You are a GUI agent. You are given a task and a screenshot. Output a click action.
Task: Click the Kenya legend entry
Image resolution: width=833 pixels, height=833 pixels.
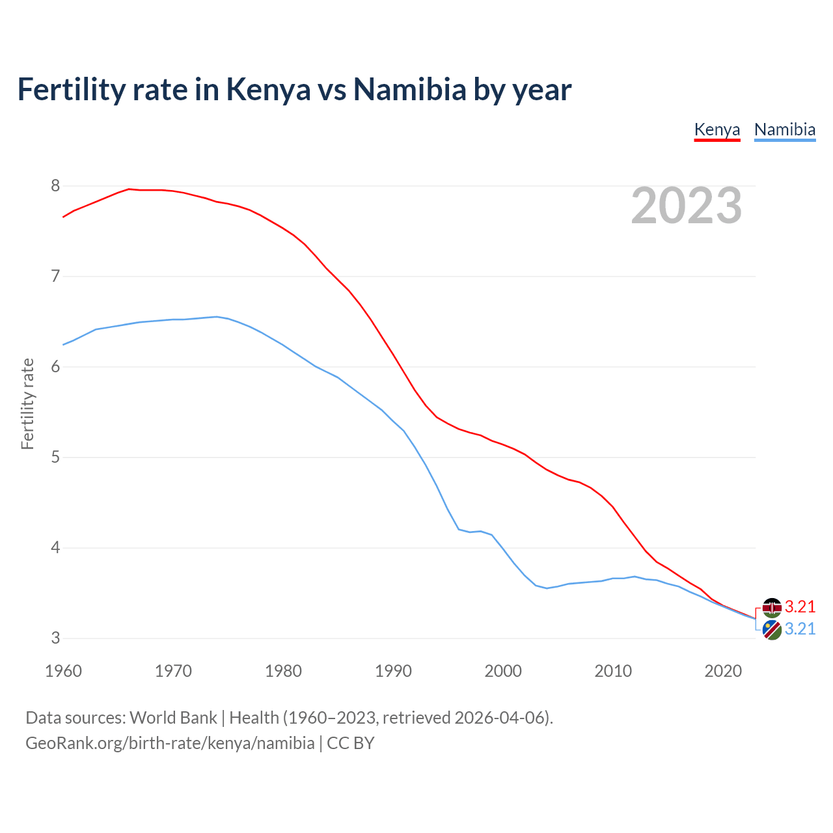[717, 130]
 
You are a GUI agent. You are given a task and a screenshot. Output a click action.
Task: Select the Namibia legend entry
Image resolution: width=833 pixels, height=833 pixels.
[785, 130]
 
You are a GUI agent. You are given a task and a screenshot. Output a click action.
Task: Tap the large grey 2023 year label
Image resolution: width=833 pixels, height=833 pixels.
[687, 206]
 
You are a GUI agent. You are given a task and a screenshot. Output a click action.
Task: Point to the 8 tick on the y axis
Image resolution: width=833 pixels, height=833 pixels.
[55, 186]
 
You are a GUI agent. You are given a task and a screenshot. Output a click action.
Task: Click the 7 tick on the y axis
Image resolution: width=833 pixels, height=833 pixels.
[55, 277]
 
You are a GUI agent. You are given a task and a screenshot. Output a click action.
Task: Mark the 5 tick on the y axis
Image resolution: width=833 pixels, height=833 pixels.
[55, 457]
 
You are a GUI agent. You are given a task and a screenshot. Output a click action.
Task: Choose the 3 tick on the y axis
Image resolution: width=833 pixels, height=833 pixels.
[55, 638]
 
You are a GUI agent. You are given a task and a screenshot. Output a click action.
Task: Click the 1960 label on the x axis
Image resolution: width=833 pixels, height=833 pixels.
[63, 671]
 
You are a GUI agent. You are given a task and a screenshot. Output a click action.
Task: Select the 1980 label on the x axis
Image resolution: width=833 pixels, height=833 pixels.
[283, 671]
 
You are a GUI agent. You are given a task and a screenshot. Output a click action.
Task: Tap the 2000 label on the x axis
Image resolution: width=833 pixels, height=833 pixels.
[503, 671]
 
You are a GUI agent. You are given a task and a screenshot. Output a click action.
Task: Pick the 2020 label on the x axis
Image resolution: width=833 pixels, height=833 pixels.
[723, 671]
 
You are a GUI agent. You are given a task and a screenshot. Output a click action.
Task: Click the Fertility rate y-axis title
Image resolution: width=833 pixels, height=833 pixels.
[27, 403]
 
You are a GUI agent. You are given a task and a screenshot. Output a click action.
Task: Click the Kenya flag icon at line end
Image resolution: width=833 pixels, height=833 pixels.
[772, 607]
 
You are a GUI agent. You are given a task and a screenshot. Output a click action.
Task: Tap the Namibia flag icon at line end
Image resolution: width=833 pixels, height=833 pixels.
[772, 630]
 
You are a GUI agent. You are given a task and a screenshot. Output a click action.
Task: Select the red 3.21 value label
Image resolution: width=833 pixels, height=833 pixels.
[800, 607]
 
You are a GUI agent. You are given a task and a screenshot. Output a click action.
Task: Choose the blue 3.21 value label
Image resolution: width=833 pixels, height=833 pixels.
[800, 629]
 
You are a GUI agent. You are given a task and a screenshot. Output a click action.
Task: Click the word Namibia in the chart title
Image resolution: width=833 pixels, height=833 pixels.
[409, 90]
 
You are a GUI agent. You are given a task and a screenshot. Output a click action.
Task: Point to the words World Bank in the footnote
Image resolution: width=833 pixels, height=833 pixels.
[173, 718]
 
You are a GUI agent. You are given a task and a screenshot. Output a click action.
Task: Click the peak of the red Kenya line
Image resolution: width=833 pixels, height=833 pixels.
[129, 189]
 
